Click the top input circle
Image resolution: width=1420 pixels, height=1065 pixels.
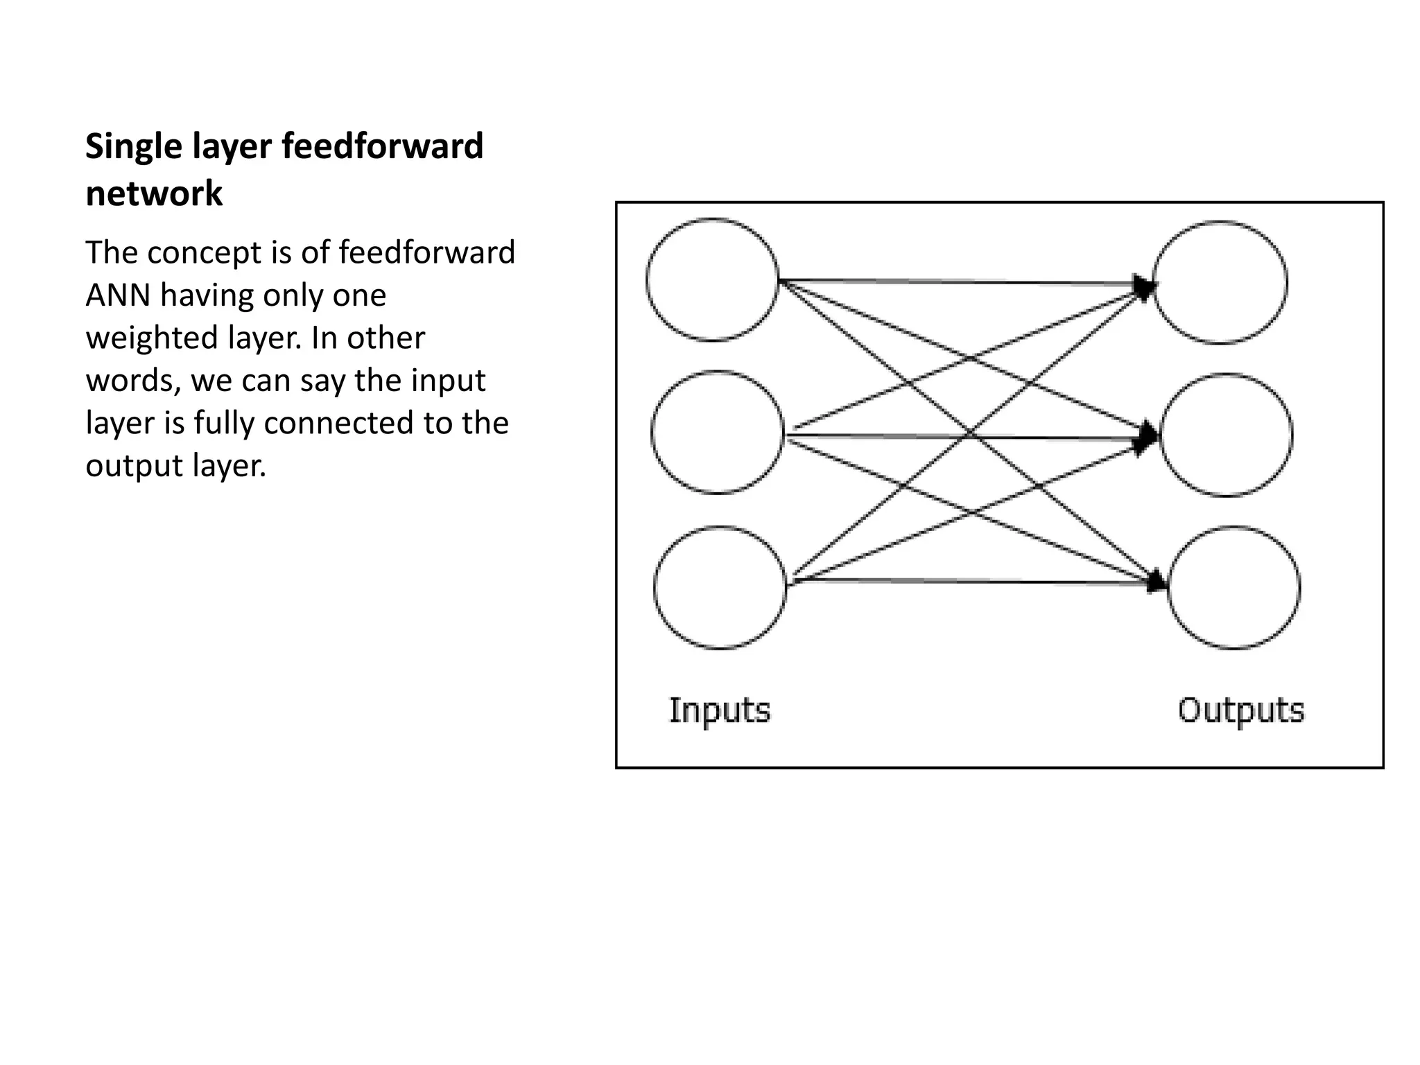pos(712,279)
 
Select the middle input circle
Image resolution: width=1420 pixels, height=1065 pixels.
pos(717,433)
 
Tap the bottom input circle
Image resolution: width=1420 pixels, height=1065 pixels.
pos(720,588)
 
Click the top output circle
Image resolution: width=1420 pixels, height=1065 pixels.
pos(1220,282)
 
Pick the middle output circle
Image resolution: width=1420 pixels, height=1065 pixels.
pos(1226,435)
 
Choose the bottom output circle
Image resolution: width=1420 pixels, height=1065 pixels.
pos(1233,588)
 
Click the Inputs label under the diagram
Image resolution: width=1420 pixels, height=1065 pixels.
pos(720,711)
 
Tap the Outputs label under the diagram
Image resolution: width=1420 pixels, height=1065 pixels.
pos(1241,711)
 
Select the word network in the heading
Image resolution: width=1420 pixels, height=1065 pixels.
pos(154,193)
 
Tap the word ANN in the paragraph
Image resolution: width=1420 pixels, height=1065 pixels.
pos(118,296)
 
